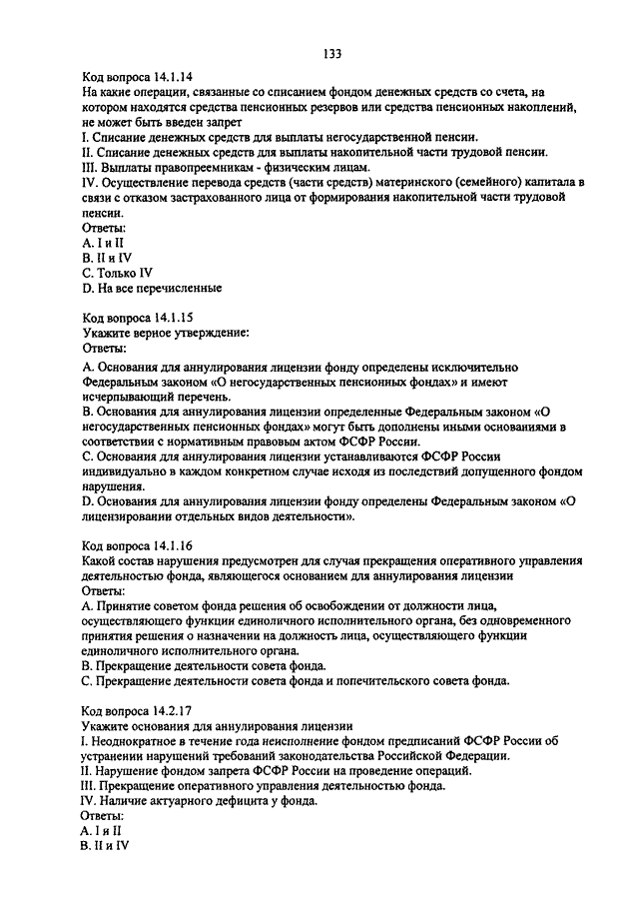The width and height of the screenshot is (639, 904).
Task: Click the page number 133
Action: pyautogui.click(x=333, y=53)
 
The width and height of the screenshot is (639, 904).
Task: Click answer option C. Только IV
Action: pyautogui.click(x=118, y=272)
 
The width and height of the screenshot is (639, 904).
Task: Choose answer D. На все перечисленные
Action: pyautogui.click(x=152, y=288)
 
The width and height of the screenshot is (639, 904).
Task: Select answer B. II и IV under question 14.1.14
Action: pyautogui.click(x=106, y=257)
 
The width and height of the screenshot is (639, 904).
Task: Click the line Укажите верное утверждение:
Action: pyautogui.click(x=164, y=333)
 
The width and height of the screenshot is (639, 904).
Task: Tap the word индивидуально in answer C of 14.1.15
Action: pyautogui.click(x=124, y=472)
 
